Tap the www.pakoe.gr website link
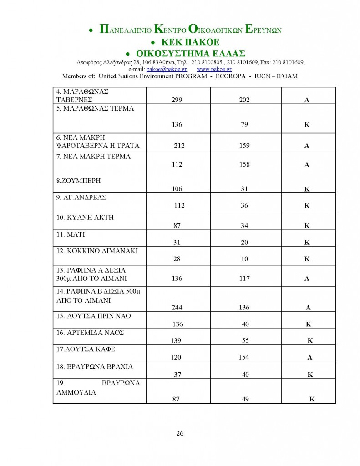pos(214,69)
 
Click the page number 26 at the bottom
pos(180,433)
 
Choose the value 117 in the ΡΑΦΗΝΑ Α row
pos(244,279)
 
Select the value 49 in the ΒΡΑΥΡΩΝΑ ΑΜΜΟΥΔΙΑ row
pos(244,399)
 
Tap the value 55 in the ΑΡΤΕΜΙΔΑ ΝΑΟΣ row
pos(244,340)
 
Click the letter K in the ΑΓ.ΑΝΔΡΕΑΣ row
pos(307,206)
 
